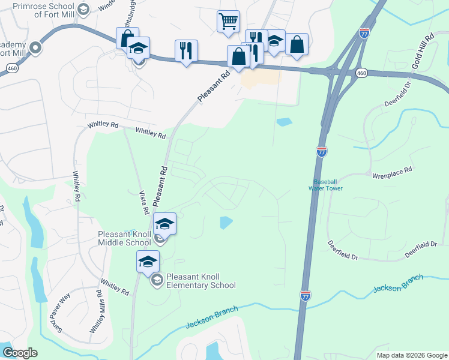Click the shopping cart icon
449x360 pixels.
(228, 21)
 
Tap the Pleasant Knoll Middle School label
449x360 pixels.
(125, 238)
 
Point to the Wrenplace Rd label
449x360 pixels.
(393, 170)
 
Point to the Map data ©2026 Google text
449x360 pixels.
(411, 355)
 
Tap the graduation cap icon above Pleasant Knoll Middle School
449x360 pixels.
(164, 224)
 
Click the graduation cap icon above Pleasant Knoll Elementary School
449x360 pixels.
(148, 261)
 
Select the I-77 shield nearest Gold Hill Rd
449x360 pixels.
(364, 33)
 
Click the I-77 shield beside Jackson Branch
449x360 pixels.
(306, 295)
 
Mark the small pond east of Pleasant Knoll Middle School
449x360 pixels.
(226, 223)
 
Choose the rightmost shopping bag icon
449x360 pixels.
(297, 44)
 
